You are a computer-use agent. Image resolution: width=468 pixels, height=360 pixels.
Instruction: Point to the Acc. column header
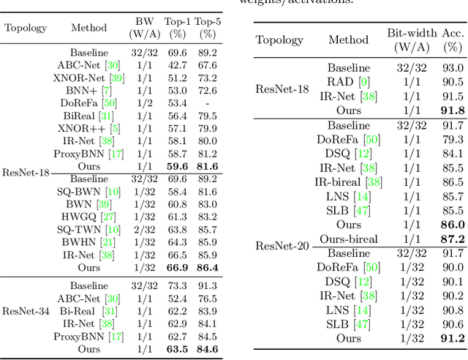point(453,40)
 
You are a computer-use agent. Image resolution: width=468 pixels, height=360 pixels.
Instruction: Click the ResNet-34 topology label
point(25,312)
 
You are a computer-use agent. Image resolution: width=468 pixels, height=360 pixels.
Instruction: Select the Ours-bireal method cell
point(349,239)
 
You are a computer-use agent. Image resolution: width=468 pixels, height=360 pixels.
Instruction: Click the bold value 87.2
point(453,239)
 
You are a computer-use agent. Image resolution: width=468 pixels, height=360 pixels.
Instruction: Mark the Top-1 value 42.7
point(175,65)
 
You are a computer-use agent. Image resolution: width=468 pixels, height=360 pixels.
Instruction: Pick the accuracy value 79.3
point(453,139)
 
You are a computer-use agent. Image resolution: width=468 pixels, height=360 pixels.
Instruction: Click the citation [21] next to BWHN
point(108,242)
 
